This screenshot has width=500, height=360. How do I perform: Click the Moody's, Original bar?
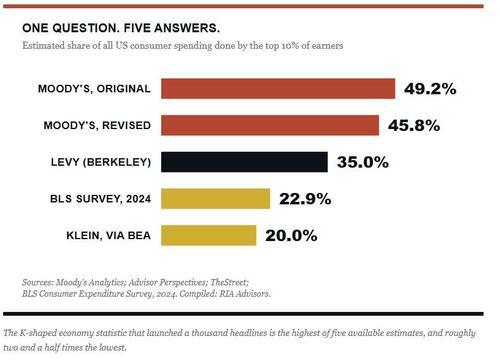pyautogui.click(x=278, y=89)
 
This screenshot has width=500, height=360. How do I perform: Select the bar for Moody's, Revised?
pyautogui.click(x=270, y=125)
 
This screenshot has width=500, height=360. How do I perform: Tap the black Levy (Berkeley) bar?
pyautogui.click(x=244, y=162)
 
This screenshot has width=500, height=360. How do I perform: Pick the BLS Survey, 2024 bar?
pyautogui.click(x=216, y=199)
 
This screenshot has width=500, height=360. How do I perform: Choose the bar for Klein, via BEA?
pyautogui.click(x=209, y=235)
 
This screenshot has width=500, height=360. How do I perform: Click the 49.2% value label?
pyautogui.click(x=430, y=89)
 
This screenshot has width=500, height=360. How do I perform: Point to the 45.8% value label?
pyautogui.click(x=414, y=126)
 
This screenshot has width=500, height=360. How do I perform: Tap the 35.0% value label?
pyautogui.click(x=363, y=162)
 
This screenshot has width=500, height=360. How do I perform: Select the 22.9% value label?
pyautogui.click(x=305, y=199)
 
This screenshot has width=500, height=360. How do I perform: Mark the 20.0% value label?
pyautogui.click(x=291, y=236)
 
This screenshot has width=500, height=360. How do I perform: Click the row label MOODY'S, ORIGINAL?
pyautogui.click(x=94, y=89)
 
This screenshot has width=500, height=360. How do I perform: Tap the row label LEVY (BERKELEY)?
pyautogui.click(x=101, y=162)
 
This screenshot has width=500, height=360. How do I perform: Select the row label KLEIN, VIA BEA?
pyautogui.click(x=109, y=236)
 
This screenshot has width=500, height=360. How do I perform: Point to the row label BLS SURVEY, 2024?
pyautogui.click(x=101, y=199)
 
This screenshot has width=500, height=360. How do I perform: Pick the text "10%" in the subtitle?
pyautogui.click(x=290, y=46)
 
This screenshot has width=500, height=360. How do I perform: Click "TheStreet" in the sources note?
pyautogui.click(x=230, y=282)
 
